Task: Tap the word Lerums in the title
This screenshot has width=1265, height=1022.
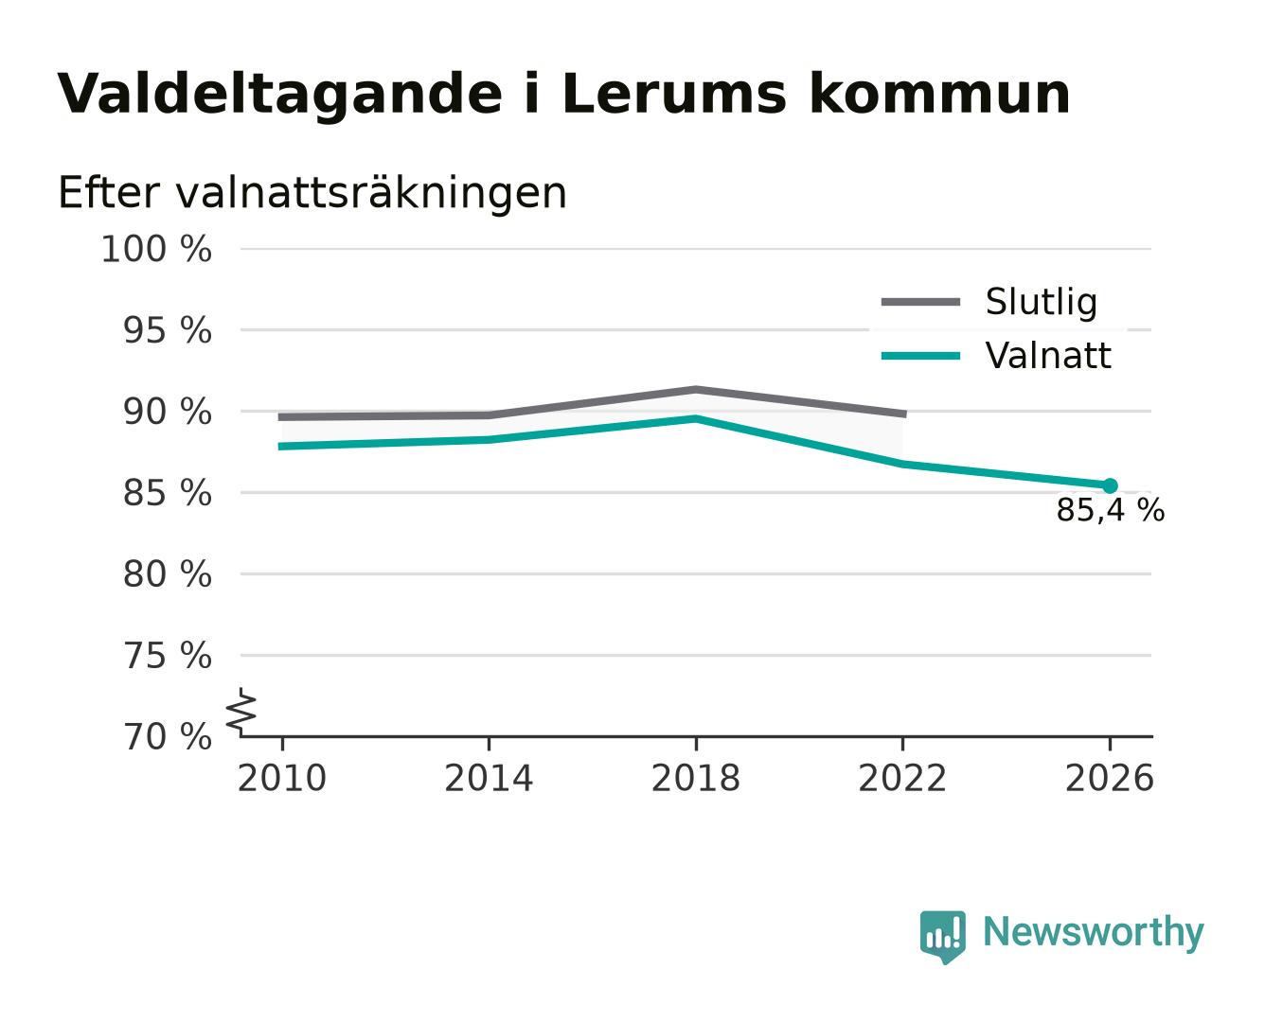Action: coord(675,94)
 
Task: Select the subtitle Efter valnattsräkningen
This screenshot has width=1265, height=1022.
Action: coord(312,193)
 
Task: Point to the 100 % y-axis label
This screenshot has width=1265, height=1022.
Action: coord(156,249)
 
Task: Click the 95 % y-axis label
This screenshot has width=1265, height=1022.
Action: coord(167,330)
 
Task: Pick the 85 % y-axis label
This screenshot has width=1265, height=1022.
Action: coord(167,493)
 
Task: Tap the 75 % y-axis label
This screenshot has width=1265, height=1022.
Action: coord(167,656)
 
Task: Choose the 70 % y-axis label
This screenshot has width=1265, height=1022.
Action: coord(167,737)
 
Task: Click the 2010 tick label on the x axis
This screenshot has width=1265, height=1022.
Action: coord(282,778)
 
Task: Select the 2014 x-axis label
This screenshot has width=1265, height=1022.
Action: coord(489,778)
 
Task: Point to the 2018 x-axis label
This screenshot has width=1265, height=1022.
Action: coord(695,778)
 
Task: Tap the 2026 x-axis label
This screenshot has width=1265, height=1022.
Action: coord(1109,778)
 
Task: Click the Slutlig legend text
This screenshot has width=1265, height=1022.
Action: coord(1042,303)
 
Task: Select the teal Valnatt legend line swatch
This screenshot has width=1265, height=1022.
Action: coord(920,356)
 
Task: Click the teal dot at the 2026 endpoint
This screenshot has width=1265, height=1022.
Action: coord(1110,486)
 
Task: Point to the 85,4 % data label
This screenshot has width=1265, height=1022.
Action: coord(1110,510)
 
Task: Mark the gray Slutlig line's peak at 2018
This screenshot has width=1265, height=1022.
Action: coord(695,389)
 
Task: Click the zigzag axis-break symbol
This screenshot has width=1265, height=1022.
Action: coord(241,713)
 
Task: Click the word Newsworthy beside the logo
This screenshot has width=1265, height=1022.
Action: coord(1094,932)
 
